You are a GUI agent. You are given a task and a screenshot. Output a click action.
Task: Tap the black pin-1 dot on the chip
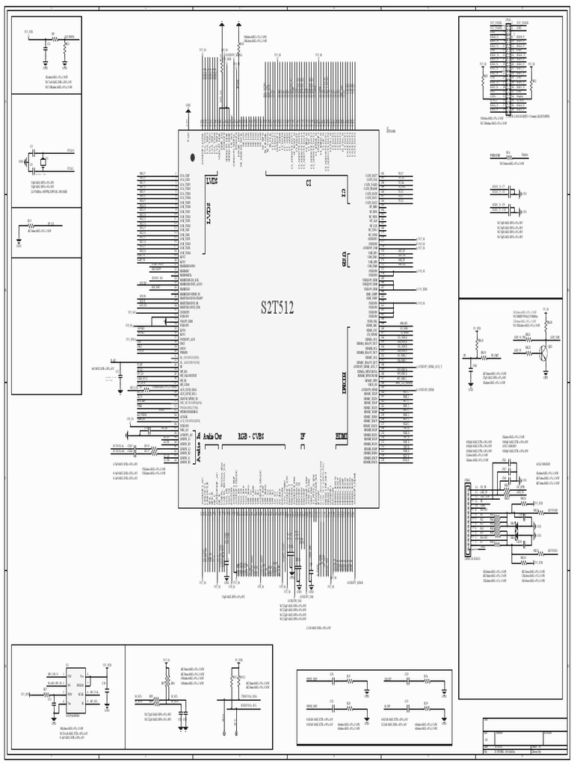(x=193, y=158)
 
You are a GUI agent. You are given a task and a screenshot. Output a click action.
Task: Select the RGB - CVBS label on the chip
(x=252, y=436)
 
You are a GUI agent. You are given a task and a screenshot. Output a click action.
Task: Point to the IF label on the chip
(x=303, y=436)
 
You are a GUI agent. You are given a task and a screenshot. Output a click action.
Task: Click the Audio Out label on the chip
(x=213, y=436)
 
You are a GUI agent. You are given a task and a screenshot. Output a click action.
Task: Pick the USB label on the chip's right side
(x=344, y=258)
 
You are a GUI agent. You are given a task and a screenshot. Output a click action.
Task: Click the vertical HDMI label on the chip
(x=344, y=381)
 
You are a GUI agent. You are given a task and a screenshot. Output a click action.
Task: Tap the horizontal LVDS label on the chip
(x=212, y=181)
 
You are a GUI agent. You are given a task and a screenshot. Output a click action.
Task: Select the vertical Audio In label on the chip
(x=199, y=449)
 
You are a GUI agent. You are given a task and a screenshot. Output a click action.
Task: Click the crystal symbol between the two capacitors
(x=43, y=161)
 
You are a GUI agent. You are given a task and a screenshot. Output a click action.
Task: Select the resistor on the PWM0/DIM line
(x=508, y=155)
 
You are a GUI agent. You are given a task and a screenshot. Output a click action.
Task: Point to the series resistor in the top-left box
(x=53, y=37)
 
